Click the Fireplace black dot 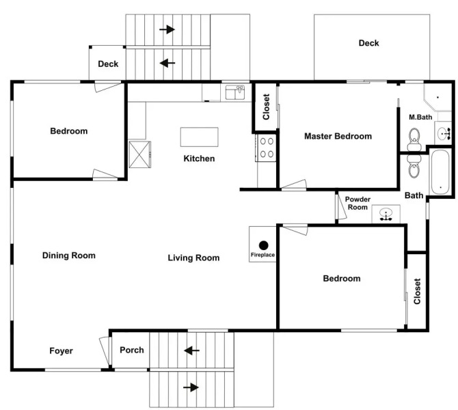pos(263,244)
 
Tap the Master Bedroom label pos(338,137)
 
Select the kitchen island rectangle pos(199,137)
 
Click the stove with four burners pos(265,148)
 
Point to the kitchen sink pos(234,92)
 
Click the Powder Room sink pos(386,215)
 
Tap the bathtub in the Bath pos(439,172)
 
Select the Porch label pos(132,351)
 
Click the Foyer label pos(61,351)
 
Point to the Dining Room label pos(68,256)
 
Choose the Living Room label pos(193,258)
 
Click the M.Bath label pos(420,118)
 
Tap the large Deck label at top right pos(368,43)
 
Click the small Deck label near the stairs pos(108,64)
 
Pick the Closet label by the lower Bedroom pos(417,291)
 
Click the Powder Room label pos(358,203)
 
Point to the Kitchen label pos(199,159)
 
